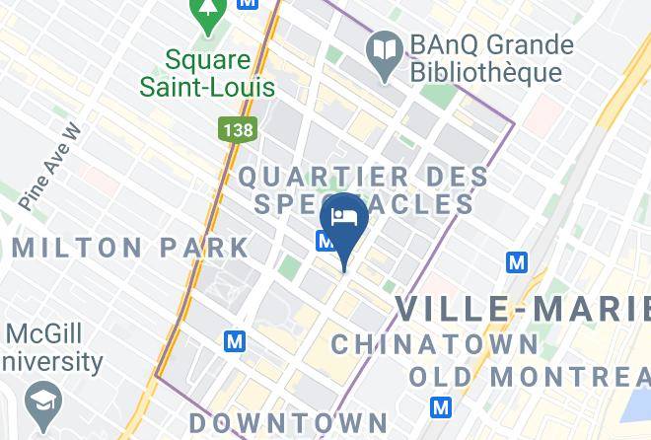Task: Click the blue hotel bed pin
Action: [x=344, y=220]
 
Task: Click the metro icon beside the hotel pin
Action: [x=324, y=241]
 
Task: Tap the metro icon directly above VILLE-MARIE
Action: [x=517, y=262]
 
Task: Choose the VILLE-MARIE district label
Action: [x=523, y=309]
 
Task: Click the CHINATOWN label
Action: [x=434, y=344]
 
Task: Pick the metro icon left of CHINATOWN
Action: [x=234, y=341]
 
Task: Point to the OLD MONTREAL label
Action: [x=529, y=376]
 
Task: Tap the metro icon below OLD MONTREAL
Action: [x=441, y=406]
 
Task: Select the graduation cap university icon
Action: [x=45, y=401]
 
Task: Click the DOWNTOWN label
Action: [x=266, y=422]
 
